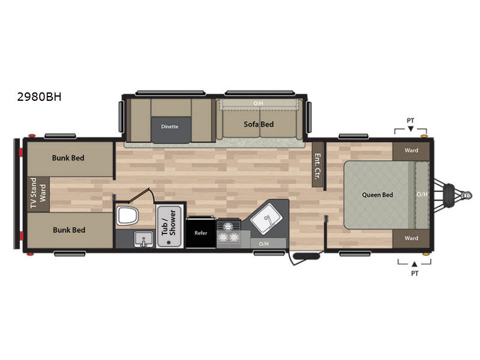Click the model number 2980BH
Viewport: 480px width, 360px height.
(39, 97)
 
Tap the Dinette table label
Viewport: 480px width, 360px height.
(170, 127)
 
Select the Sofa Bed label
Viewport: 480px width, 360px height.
(259, 124)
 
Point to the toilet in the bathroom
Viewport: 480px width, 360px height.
(127, 215)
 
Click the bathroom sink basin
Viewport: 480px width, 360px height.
(143, 239)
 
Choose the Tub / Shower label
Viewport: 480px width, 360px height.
(169, 223)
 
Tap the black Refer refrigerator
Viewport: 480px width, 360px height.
(201, 232)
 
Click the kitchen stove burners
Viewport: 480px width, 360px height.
(229, 233)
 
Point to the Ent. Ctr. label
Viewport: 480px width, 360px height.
(317, 166)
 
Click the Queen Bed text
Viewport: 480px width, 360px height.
(377, 194)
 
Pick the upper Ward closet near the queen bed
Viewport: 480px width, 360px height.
(411, 151)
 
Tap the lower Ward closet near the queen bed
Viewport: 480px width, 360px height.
(411, 238)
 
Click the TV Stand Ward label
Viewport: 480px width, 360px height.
(38, 193)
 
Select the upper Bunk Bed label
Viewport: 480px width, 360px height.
(68, 158)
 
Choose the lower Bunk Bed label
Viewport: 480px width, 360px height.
(69, 230)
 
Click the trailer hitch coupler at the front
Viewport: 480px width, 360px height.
(467, 195)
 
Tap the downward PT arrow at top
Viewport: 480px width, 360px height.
(411, 129)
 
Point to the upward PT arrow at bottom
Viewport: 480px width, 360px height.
(415, 264)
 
